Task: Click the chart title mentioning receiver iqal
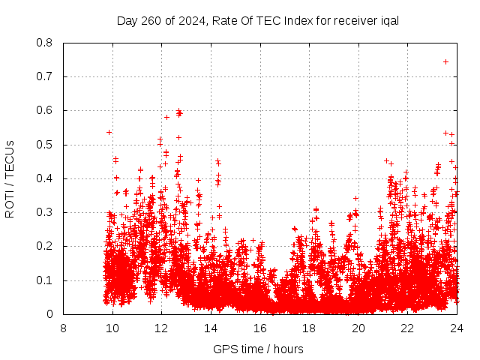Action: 257,20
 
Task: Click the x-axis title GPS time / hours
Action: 258,349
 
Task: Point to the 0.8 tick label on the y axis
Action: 46,43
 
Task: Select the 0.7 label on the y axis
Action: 46,76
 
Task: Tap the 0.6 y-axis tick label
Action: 46,110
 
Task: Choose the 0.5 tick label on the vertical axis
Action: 46,145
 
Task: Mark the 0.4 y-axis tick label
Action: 46,178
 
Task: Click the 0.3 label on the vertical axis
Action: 46,212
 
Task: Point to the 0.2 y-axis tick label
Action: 46,246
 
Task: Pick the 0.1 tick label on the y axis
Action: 46,280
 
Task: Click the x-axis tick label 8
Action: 63,328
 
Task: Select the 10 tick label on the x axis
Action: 112,328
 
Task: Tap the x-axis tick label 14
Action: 211,328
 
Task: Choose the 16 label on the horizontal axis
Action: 259,328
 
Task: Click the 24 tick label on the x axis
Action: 456,328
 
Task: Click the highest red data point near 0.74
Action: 445,61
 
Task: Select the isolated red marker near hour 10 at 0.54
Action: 109,132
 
